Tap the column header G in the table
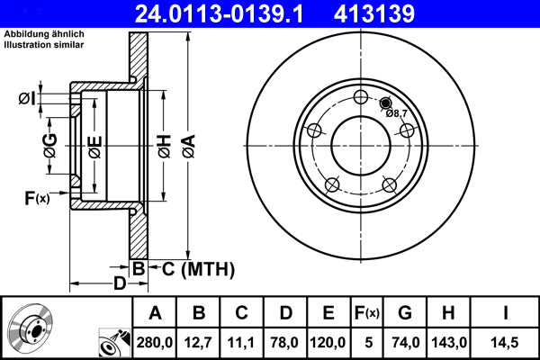pyautogui.click(x=404, y=312)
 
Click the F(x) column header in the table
pyautogui.click(x=367, y=312)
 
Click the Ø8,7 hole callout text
pyautogui.click(x=396, y=113)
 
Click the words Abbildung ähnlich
pyautogui.click(x=43, y=33)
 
